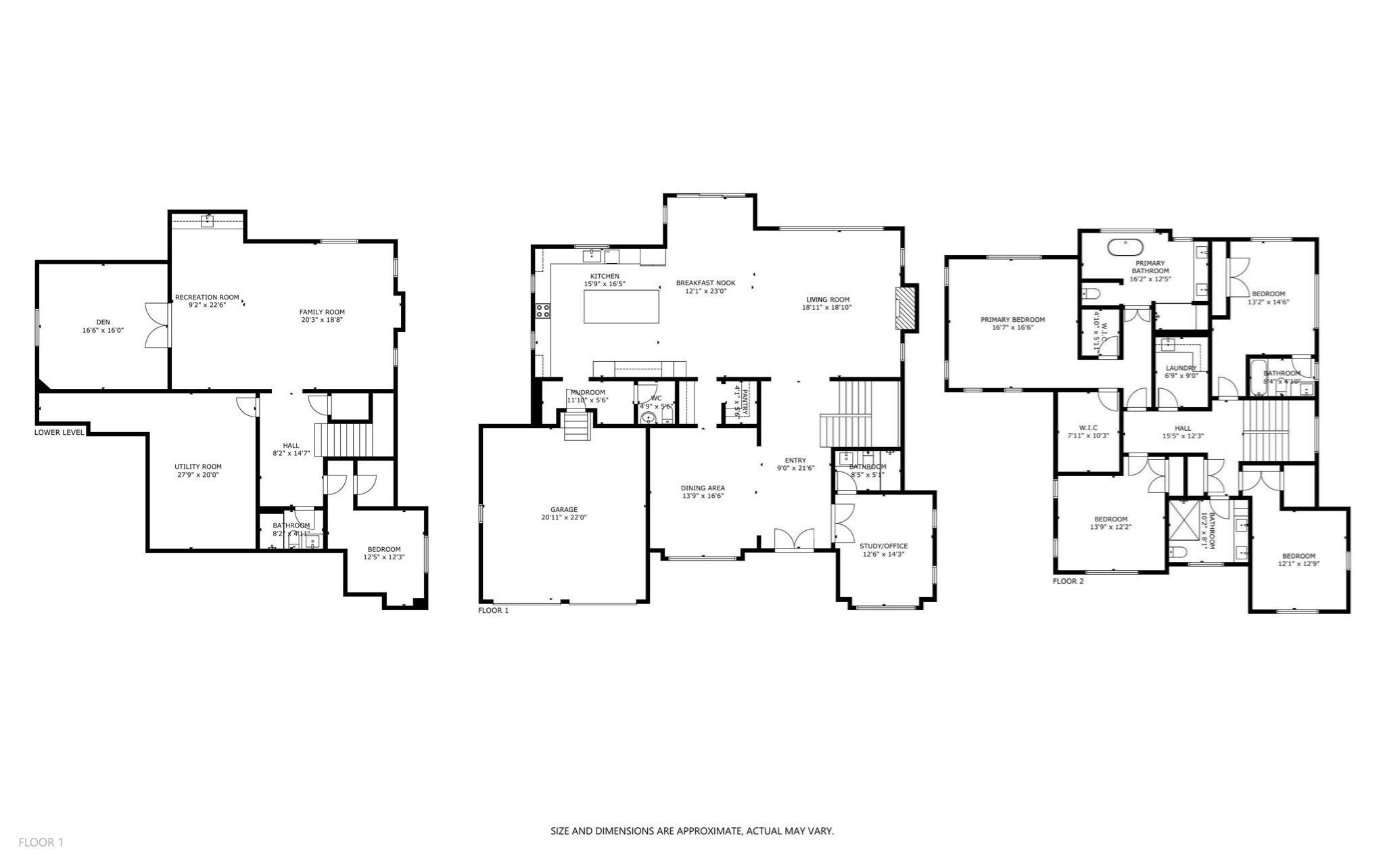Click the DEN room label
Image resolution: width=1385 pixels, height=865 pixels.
click(x=103, y=322)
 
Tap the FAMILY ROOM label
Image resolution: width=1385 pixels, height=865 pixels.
click(x=322, y=312)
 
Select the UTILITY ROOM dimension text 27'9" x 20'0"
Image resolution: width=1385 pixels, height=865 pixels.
click(x=197, y=475)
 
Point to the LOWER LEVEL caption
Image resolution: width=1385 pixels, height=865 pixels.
click(x=60, y=432)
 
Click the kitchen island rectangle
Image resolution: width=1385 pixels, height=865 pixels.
click(x=621, y=306)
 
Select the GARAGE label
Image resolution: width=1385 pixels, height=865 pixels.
click(x=563, y=509)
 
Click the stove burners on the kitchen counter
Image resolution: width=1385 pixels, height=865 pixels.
click(x=543, y=311)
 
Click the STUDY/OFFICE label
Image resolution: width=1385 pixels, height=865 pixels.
click(x=883, y=546)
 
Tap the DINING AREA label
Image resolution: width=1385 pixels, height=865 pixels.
click(x=703, y=488)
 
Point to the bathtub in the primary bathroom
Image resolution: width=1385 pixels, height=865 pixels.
click(x=1125, y=246)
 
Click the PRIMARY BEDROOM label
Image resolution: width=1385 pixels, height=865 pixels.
click(x=1012, y=320)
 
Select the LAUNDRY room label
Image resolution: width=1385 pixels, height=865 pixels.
click(x=1181, y=368)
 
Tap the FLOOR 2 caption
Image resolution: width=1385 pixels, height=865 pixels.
click(x=1068, y=581)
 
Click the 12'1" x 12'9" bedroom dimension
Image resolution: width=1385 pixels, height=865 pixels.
click(x=1298, y=564)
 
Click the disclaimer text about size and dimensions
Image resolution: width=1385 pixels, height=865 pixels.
click(x=692, y=831)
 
